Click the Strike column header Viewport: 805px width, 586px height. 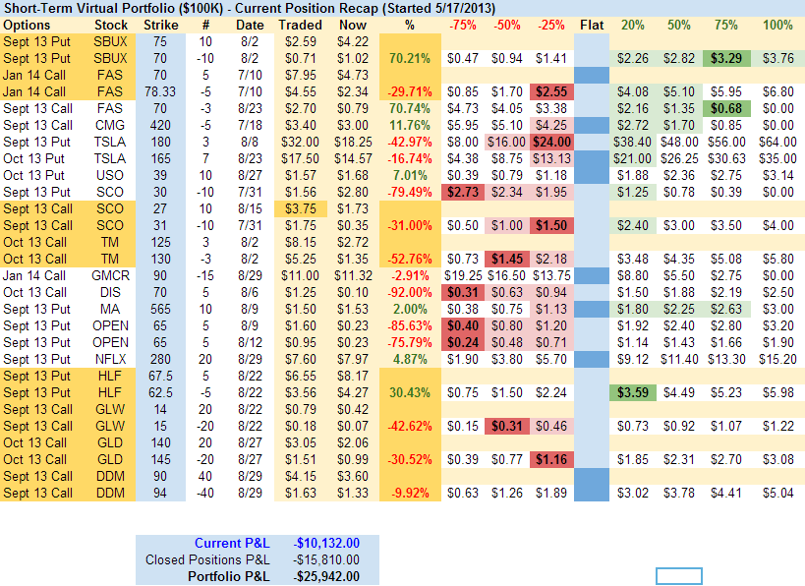[161, 24]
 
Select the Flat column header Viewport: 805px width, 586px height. [591, 24]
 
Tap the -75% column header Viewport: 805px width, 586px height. [463, 24]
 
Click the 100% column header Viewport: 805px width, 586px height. [777, 24]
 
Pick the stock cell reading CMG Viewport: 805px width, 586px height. [111, 125]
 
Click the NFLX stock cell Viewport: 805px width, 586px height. [111, 359]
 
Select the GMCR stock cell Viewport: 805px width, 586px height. [111, 275]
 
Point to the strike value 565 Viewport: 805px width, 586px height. [161, 309]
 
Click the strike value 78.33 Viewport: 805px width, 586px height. [161, 91]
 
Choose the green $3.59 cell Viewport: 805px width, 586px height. [634, 392]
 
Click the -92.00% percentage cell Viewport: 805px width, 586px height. [410, 292]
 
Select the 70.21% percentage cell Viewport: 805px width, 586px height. [410, 58]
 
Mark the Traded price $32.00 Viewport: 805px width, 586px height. [300, 142]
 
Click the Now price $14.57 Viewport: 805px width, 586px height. [351, 158]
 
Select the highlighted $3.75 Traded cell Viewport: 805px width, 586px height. [300, 208]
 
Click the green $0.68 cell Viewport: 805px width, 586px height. [726, 108]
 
